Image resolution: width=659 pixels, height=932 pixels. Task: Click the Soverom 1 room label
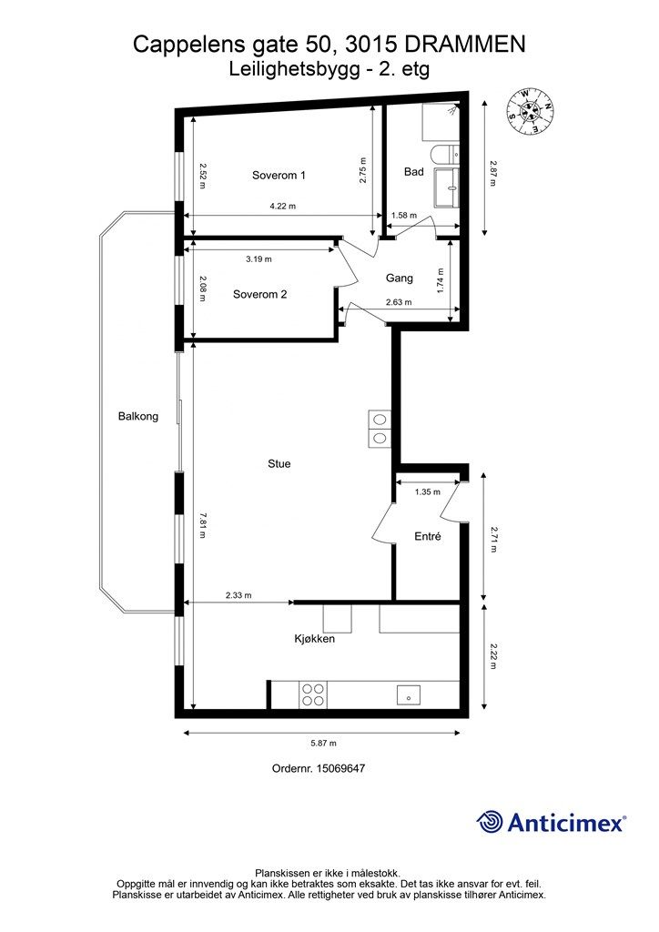279,176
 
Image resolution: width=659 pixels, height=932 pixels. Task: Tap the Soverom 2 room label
259,294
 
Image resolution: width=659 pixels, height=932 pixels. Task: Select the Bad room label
414,171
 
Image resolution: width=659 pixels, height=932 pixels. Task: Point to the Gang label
400,279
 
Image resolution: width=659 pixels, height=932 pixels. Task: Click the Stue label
279,463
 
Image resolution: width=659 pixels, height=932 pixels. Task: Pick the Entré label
428,537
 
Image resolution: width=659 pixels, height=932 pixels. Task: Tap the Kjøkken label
314,639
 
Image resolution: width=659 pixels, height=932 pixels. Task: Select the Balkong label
138,416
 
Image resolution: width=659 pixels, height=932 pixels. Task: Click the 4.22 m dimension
283,207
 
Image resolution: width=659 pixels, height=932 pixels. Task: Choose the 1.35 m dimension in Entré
427,491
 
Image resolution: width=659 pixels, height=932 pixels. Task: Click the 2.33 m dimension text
238,595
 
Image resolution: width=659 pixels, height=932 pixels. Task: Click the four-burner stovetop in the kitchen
313,694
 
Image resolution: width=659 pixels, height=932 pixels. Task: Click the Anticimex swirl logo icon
491,822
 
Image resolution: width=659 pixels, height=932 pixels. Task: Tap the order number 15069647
340,768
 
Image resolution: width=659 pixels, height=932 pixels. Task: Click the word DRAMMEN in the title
461,45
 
